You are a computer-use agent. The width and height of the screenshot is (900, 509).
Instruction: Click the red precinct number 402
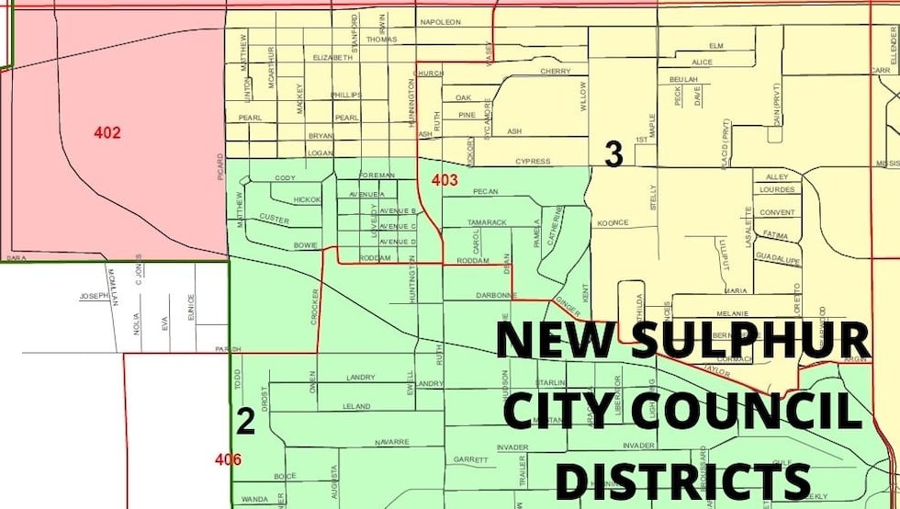(107, 133)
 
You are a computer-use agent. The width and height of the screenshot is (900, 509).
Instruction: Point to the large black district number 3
(613, 154)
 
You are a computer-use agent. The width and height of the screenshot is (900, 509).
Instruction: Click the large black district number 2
(245, 421)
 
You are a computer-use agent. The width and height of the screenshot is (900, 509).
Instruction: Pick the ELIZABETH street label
(332, 58)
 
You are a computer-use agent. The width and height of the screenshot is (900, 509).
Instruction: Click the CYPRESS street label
(533, 162)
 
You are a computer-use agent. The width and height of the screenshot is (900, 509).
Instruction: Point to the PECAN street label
(484, 192)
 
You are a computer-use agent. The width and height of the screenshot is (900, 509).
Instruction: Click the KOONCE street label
(613, 222)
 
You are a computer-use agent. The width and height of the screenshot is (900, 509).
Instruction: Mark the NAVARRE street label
(391, 442)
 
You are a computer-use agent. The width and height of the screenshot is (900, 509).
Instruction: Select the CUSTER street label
(275, 218)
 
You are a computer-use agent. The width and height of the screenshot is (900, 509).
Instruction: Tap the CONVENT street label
(777, 212)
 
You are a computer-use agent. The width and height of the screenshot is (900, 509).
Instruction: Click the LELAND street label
(355, 406)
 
